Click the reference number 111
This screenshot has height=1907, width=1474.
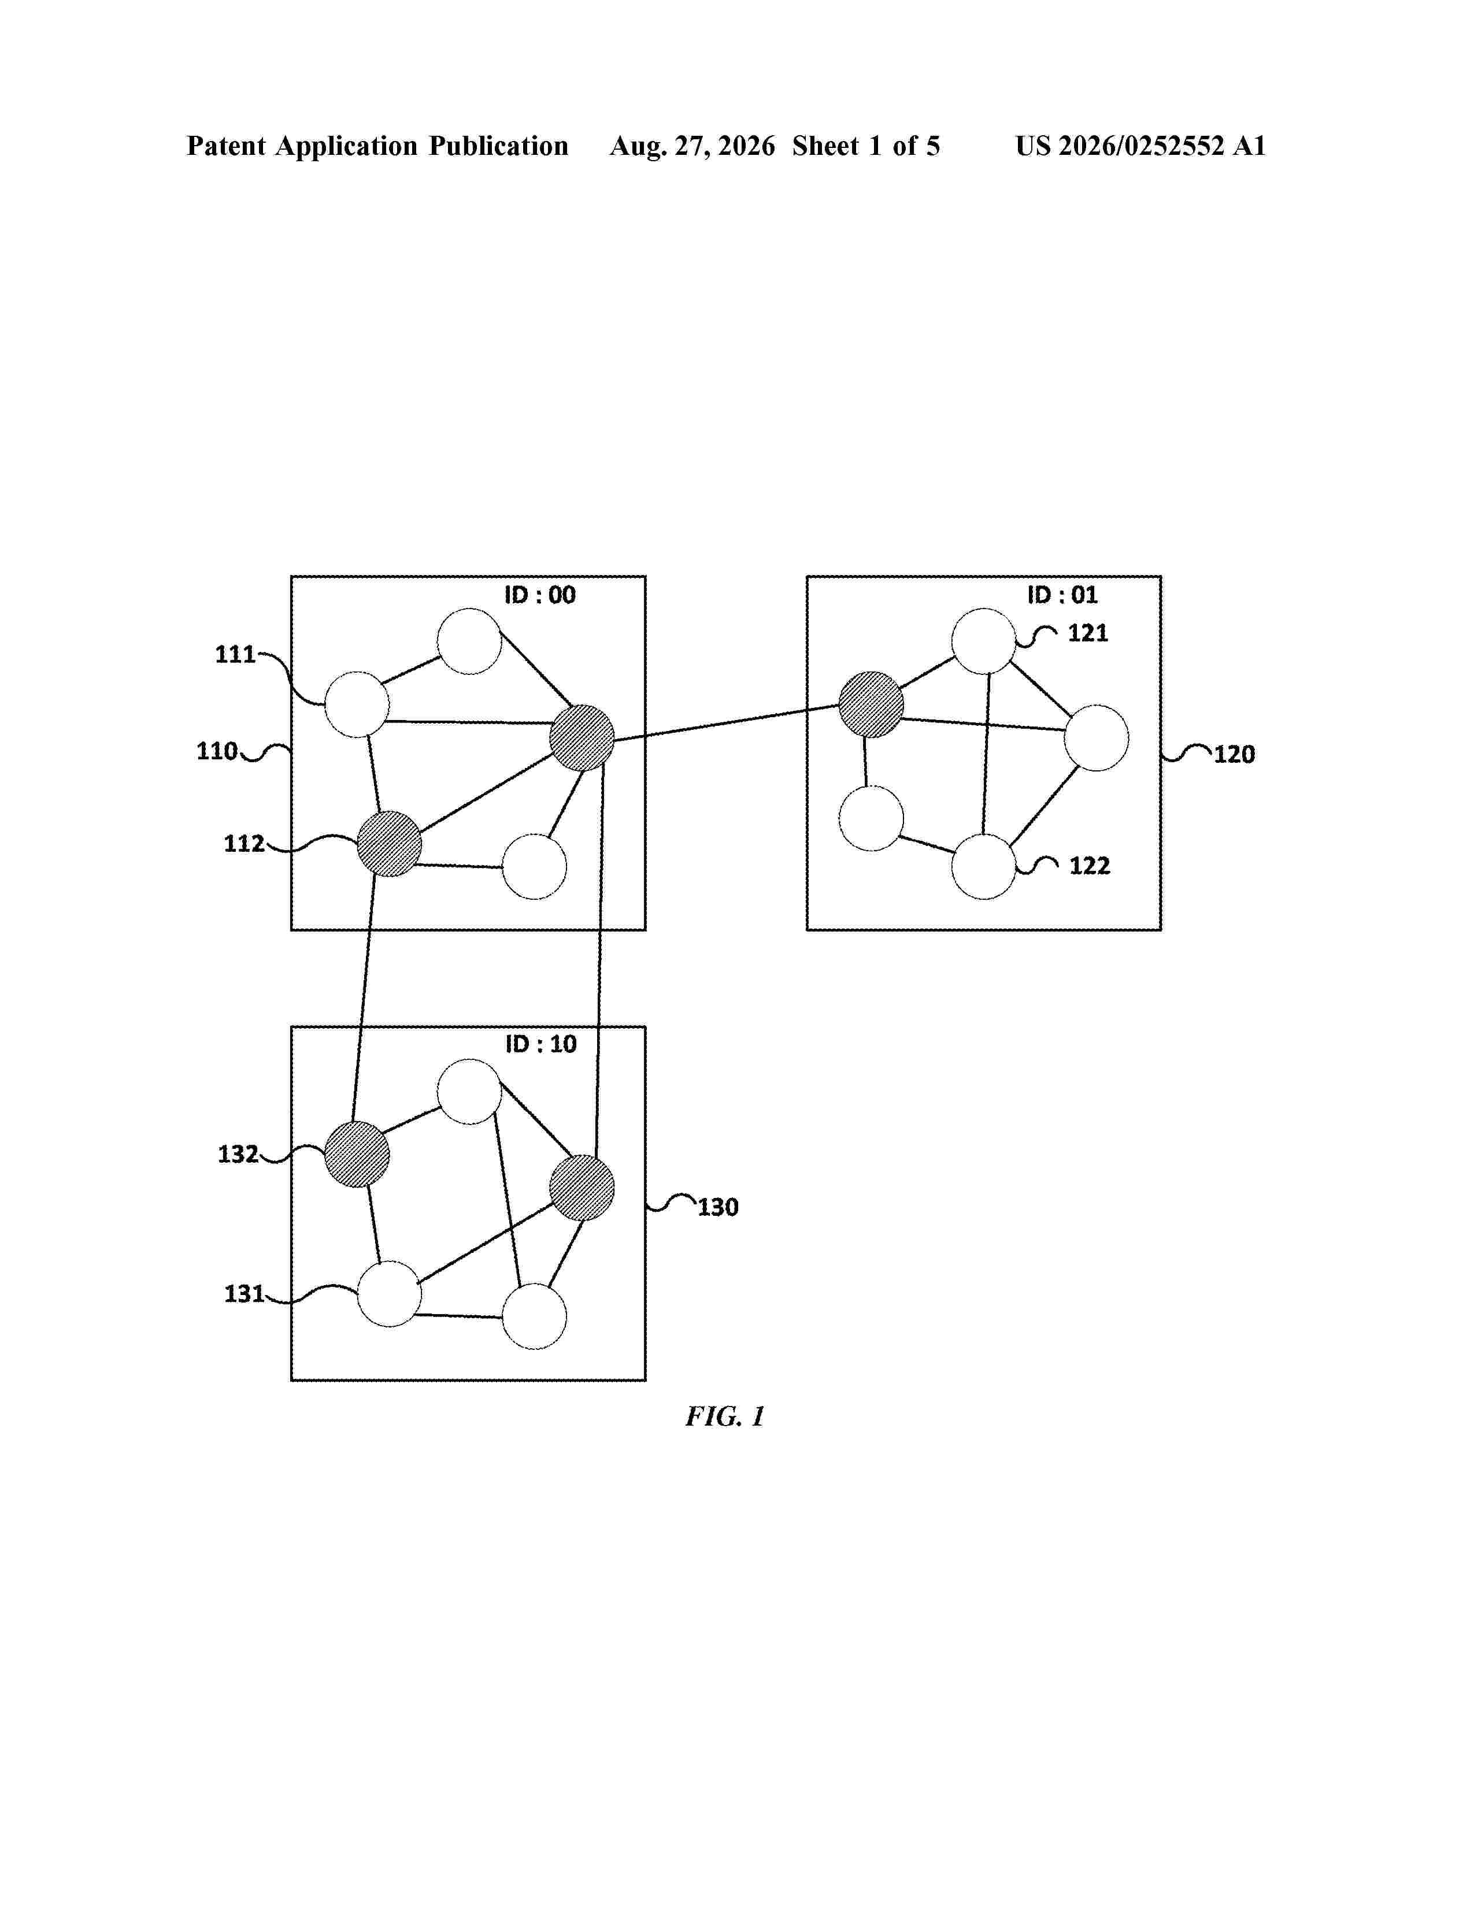235,654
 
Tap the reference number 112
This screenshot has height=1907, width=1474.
243,844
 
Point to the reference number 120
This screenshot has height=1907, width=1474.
1234,754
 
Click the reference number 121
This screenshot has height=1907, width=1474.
1088,633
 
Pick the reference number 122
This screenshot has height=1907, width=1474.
1090,866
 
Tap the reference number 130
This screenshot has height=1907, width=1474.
718,1208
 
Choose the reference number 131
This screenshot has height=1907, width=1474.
243,1293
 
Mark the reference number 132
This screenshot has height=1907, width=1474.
238,1155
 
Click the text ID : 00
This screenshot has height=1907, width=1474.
540,595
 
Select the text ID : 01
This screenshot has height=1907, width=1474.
1062,595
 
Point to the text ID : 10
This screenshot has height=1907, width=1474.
540,1044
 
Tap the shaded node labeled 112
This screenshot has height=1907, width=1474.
390,844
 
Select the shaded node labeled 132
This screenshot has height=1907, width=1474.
357,1155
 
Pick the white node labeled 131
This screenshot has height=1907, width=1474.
390,1294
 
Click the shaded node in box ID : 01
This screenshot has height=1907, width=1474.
871,704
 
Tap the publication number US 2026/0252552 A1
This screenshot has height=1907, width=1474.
1140,146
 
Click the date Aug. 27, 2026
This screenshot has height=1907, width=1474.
692,146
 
